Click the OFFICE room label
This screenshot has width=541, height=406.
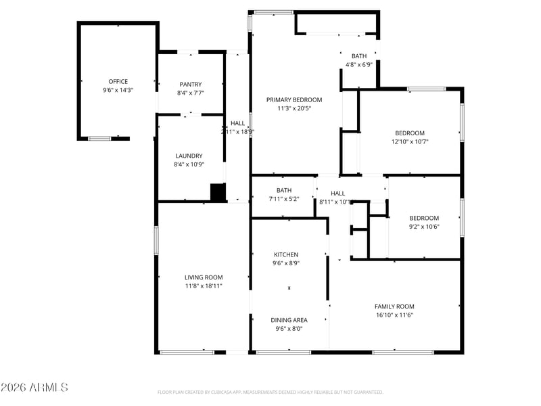click(x=118, y=81)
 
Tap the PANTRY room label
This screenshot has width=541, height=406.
click(x=191, y=84)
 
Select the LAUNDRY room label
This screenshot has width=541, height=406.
click(x=189, y=156)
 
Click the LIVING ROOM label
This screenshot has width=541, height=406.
click(x=204, y=277)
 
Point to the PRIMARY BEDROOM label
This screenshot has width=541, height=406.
click(x=293, y=99)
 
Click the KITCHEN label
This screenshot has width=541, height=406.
click(x=285, y=254)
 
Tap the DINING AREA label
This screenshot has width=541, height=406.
click(x=289, y=320)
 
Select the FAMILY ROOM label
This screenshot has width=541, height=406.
click(x=394, y=307)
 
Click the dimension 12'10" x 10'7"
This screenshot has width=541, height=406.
click(x=410, y=141)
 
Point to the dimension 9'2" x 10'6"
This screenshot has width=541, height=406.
click(x=424, y=227)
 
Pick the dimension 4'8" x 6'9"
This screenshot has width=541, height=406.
click(x=359, y=64)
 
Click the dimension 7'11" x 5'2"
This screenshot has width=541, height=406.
click(x=284, y=199)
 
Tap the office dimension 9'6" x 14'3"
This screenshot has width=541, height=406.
click(x=118, y=90)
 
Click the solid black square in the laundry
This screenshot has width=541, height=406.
click(x=218, y=193)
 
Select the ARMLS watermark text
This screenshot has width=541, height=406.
click(x=34, y=388)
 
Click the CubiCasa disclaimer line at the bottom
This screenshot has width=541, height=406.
click(x=270, y=392)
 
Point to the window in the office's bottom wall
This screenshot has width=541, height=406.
click(x=99, y=139)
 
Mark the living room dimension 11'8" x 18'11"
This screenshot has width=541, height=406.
click(x=204, y=286)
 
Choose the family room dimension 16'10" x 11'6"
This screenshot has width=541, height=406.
click(x=394, y=315)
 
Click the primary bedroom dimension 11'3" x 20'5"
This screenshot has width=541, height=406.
click(x=293, y=108)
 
